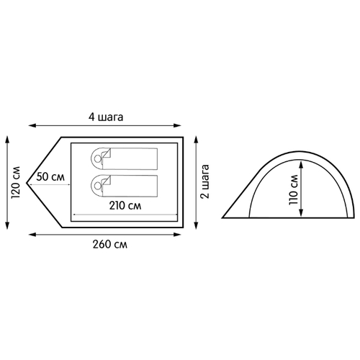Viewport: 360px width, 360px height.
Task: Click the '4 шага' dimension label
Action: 106,117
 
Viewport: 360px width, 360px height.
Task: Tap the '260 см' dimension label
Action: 110,245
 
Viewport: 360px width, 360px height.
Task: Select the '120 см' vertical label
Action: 16,182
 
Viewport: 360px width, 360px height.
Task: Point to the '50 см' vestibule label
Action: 50,177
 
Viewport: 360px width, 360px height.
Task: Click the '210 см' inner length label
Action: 125,206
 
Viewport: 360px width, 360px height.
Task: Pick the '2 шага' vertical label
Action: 204,181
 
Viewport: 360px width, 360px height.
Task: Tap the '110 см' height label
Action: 293,190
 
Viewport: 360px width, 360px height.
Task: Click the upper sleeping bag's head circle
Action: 97,158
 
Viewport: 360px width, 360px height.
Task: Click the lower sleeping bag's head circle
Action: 97,186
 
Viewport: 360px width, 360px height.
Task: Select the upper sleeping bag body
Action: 130,159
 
